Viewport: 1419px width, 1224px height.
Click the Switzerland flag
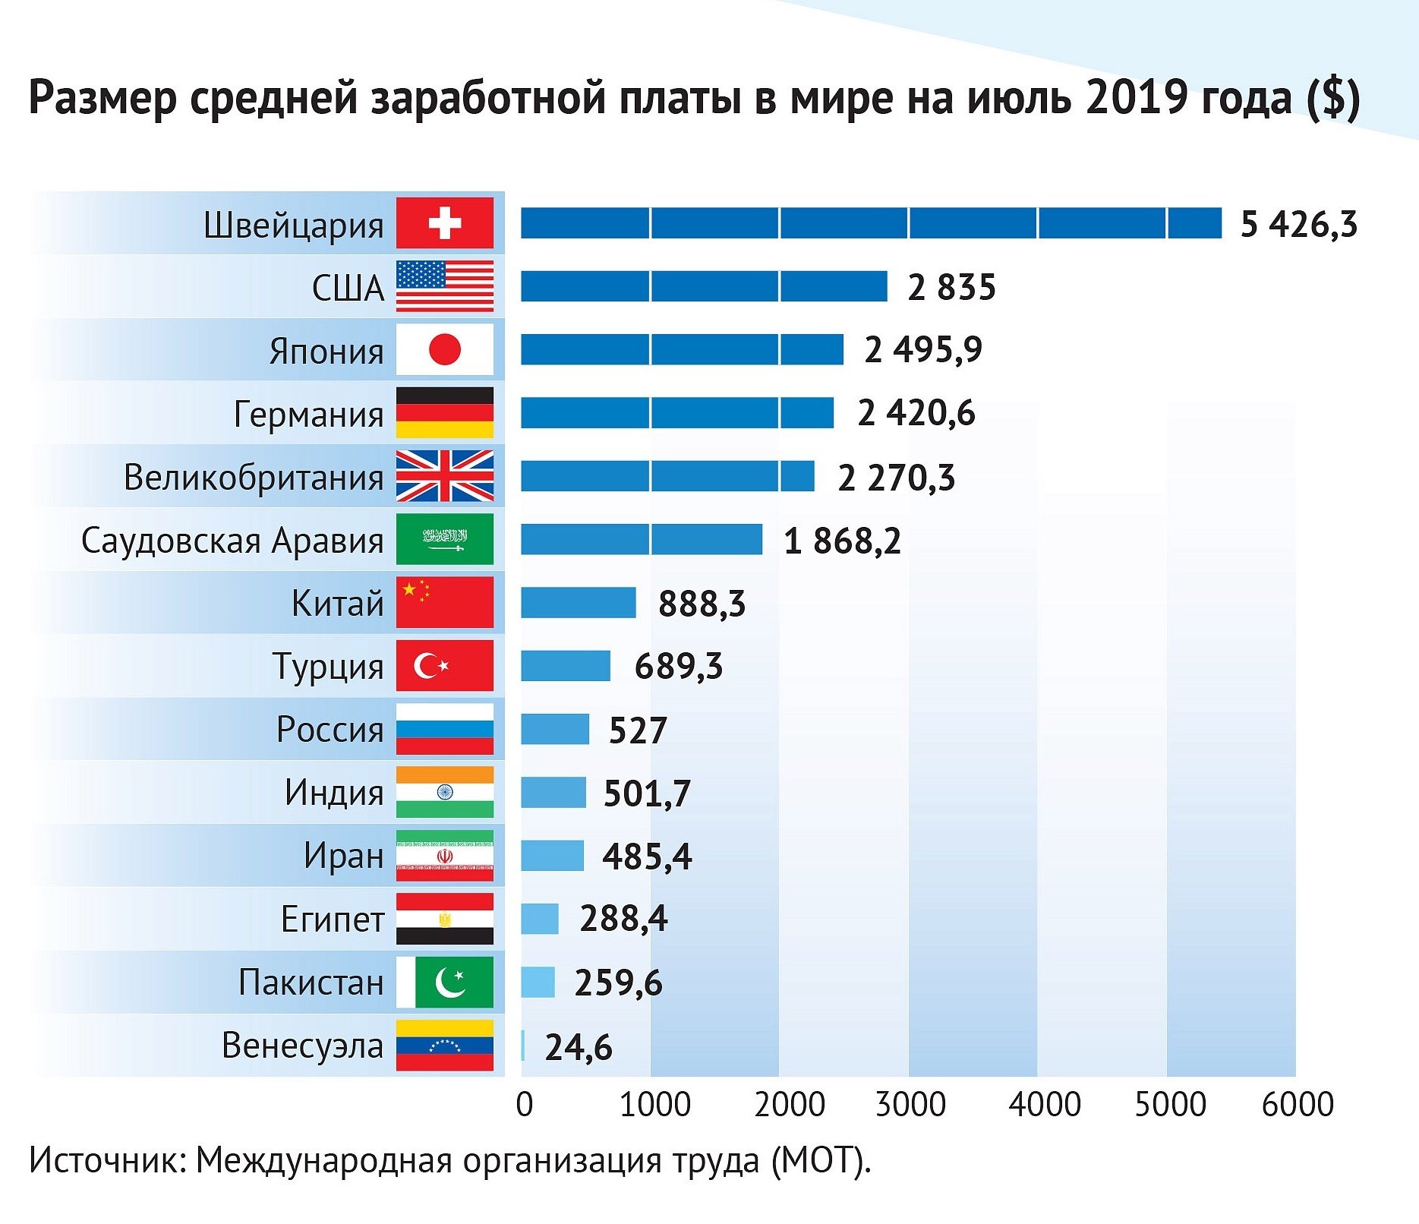click(x=445, y=223)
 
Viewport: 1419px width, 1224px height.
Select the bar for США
click(x=704, y=286)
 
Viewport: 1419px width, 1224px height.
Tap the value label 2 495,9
click(x=922, y=350)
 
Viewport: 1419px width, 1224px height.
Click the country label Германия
click(x=308, y=415)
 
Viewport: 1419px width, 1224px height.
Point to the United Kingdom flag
click(x=445, y=476)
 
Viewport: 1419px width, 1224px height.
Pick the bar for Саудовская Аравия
click(x=641, y=539)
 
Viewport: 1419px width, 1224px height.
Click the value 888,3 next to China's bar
click(x=702, y=604)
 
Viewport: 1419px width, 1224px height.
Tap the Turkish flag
click(x=445, y=666)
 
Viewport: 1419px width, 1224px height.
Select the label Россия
click(x=330, y=730)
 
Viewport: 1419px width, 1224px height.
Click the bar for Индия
click(x=553, y=793)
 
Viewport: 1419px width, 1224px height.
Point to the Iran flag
click(x=445, y=856)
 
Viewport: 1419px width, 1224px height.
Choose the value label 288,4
click(x=623, y=919)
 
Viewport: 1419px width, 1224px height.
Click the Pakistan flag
click(x=445, y=983)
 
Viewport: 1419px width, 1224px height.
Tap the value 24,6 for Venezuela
click(x=578, y=1047)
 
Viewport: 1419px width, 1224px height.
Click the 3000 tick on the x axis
click(x=910, y=1104)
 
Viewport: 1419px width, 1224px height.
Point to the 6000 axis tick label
click(x=1297, y=1104)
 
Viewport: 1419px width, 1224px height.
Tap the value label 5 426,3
click(x=1298, y=224)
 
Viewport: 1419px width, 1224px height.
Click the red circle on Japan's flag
click(x=445, y=350)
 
